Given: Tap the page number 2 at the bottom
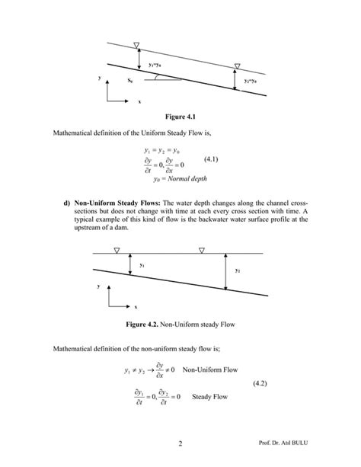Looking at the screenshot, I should tap(180, 443).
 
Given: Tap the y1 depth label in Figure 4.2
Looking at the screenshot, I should tap(142, 265).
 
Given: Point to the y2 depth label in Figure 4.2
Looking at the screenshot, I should tap(238, 270).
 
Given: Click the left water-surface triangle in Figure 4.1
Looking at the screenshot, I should tap(136, 45).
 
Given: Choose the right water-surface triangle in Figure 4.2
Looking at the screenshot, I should tap(200, 249).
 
